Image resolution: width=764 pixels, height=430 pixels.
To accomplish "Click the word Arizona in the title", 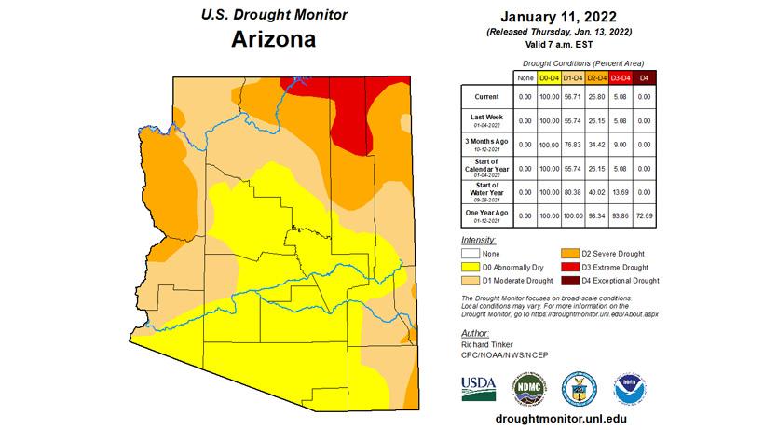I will (x=270, y=40).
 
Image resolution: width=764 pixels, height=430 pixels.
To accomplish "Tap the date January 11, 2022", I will (x=560, y=17).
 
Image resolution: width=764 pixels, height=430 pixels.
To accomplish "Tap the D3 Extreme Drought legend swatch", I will (x=568, y=266).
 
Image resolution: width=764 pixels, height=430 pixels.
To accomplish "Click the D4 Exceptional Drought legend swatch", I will (x=568, y=279).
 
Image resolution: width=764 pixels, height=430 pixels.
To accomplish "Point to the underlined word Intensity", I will (x=479, y=240).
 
